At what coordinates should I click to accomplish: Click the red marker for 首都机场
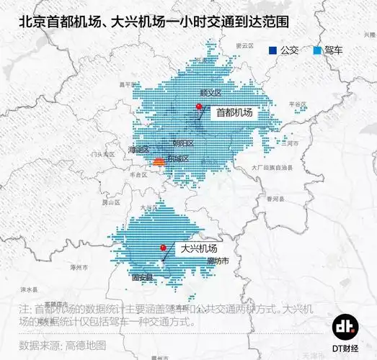(x=198, y=107)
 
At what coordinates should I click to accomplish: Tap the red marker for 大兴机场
(x=164, y=248)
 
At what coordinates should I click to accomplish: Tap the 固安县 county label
(x=141, y=276)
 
